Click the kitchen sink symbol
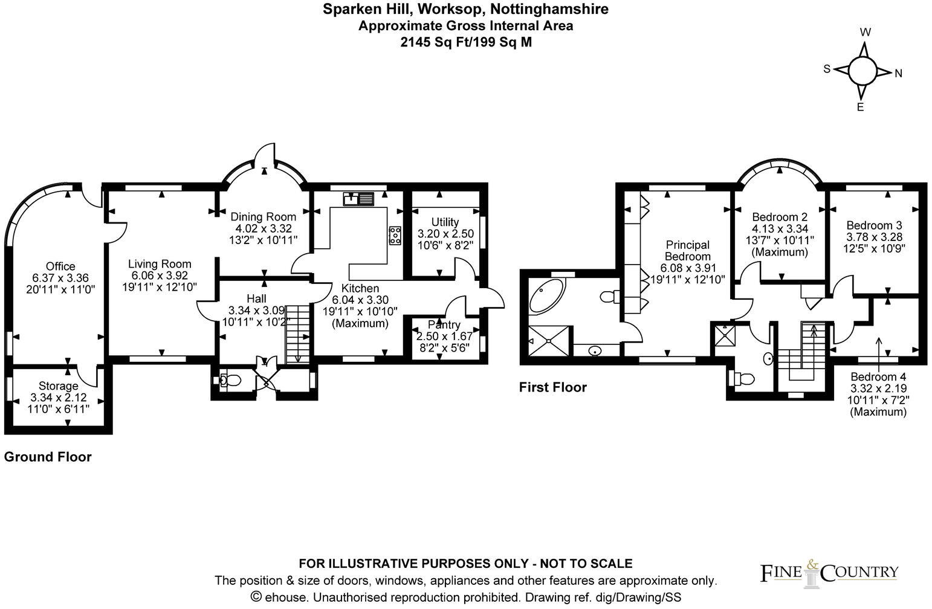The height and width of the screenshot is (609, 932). (x=358, y=198)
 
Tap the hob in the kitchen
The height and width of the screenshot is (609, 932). (x=395, y=236)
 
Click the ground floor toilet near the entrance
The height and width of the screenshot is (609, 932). (x=230, y=380)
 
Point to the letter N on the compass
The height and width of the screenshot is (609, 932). (x=898, y=74)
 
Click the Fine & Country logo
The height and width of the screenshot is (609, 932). (x=828, y=573)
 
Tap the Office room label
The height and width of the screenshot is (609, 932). (x=60, y=266)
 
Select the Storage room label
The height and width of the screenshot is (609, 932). (x=59, y=386)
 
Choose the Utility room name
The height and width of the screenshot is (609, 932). (x=445, y=222)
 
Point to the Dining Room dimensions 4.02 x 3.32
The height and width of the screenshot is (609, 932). (x=264, y=229)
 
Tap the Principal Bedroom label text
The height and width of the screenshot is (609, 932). (x=687, y=250)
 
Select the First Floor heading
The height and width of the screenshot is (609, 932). (x=552, y=387)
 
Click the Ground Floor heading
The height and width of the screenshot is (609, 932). (x=48, y=457)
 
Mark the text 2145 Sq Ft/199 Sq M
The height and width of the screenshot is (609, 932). (x=466, y=42)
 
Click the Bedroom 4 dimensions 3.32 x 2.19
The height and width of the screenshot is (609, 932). (x=878, y=389)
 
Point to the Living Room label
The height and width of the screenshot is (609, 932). (x=160, y=264)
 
